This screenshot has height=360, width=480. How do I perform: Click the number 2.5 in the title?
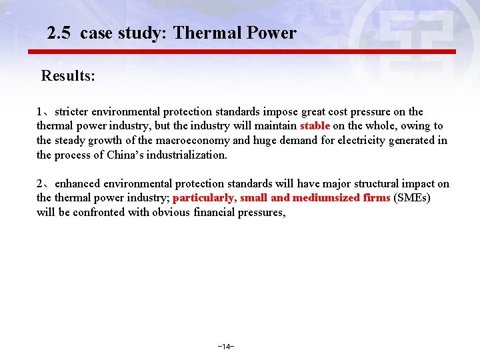pos(60,33)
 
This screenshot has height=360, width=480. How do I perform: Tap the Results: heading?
pos(68,75)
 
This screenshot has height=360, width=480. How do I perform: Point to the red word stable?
pos(315,126)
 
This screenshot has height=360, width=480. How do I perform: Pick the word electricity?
pos(364,141)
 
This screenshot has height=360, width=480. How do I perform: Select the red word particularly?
pos(204,198)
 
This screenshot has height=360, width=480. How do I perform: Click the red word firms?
pos(377,198)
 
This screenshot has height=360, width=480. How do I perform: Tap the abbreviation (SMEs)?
pos(412,198)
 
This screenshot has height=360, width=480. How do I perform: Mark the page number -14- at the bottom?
pos(225,347)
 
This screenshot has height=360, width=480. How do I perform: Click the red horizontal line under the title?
pos(241,51)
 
